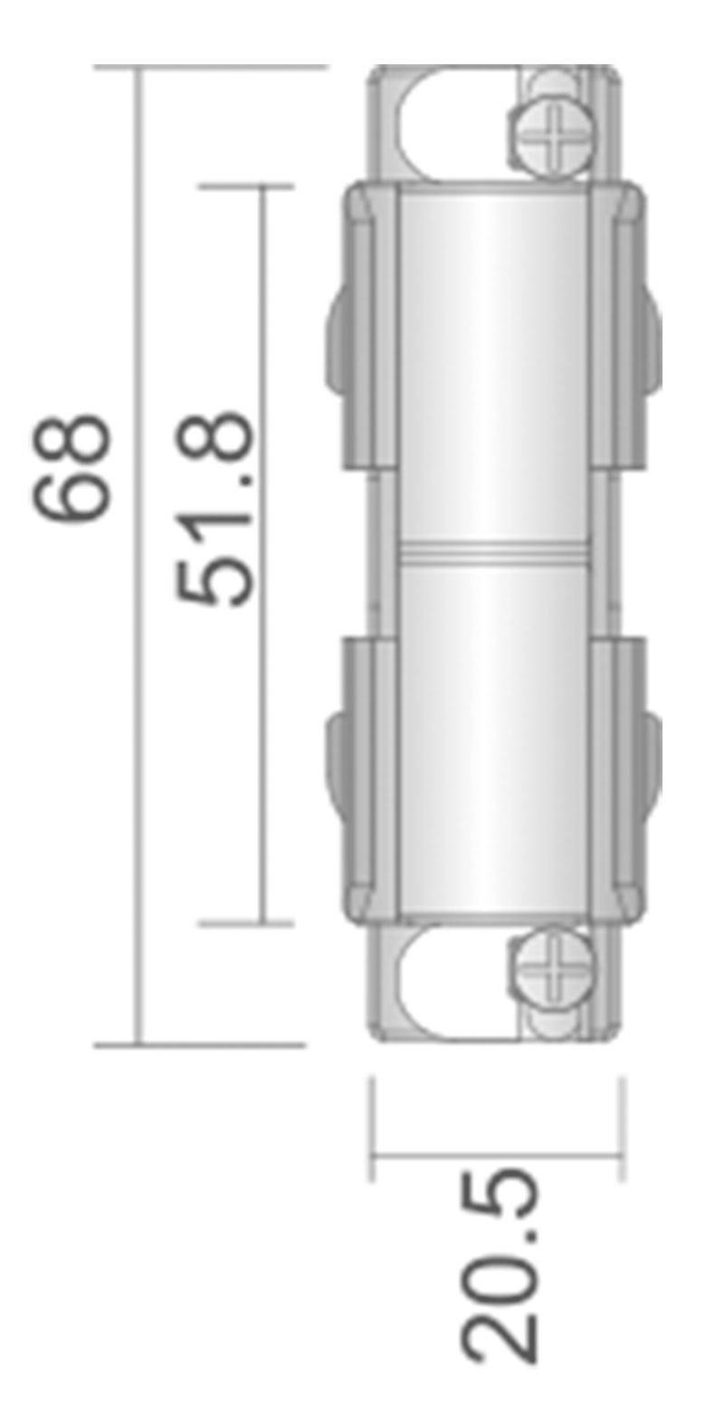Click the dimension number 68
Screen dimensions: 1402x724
pyautogui.click(x=74, y=468)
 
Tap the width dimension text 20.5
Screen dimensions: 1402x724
pyautogui.click(x=500, y=1264)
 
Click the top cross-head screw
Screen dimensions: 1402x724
pyautogui.click(x=554, y=141)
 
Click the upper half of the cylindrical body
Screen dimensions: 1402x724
pyautogui.click(x=493, y=362)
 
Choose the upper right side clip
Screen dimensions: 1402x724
pyautogui.click(x=624, y=326)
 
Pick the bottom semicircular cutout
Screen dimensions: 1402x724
pyautogui.click(x=452, y=982)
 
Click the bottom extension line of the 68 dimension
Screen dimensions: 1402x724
pyautogui.click(x=199, y=1045)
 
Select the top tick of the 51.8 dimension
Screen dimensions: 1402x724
pyautogui.click(x=244, y=186)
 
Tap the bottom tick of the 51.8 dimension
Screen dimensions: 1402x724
pyautogui.click(x=244, y=924)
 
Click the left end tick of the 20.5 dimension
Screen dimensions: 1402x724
pyautogui.click(x=372, y=1127)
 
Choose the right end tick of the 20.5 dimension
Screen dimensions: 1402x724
pyautogui.click(x=623, y=1127)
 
